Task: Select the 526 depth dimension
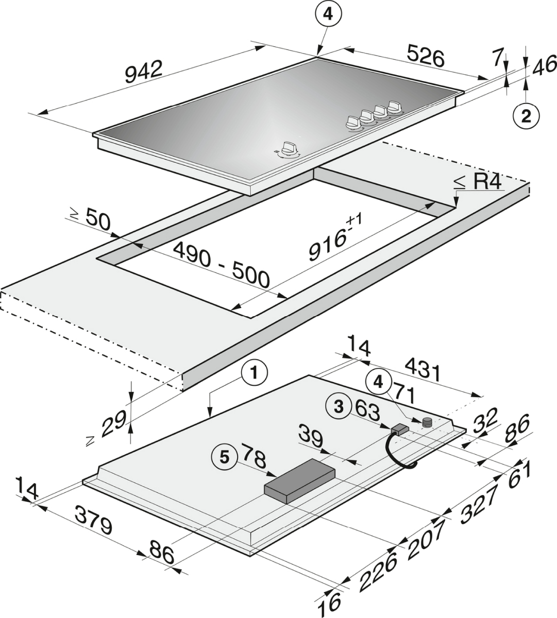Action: (425, 56)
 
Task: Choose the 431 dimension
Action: (423, 370)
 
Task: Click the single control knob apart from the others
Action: (289, 148)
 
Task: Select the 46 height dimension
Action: (544, 65)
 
